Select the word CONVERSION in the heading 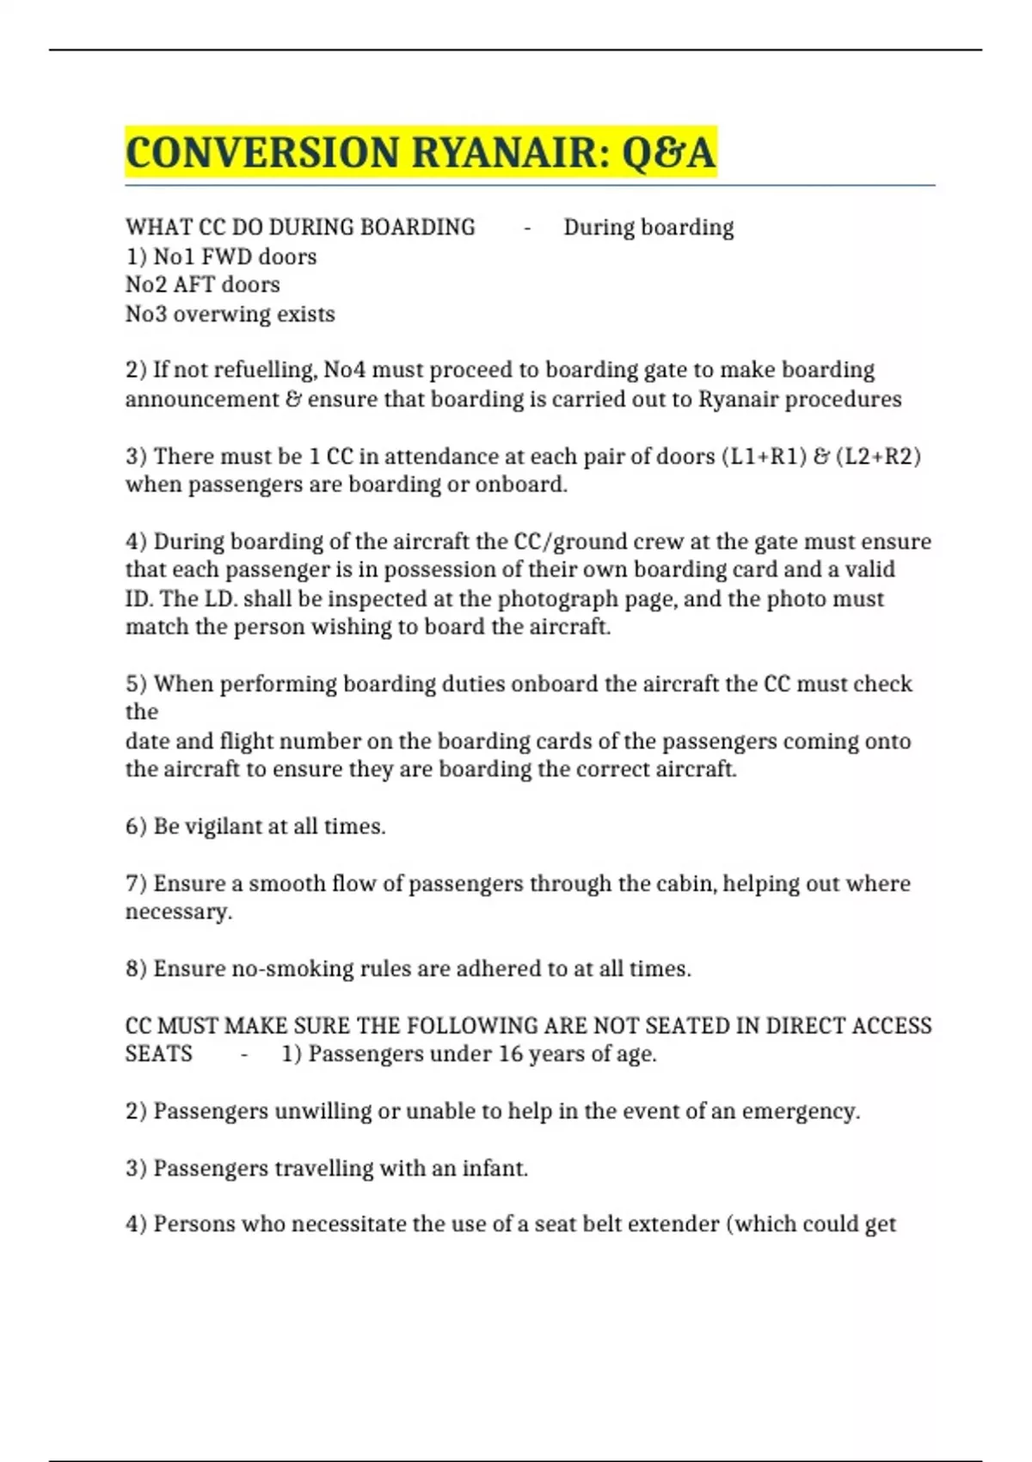262,153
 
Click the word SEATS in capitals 159,1054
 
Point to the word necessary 178,912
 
